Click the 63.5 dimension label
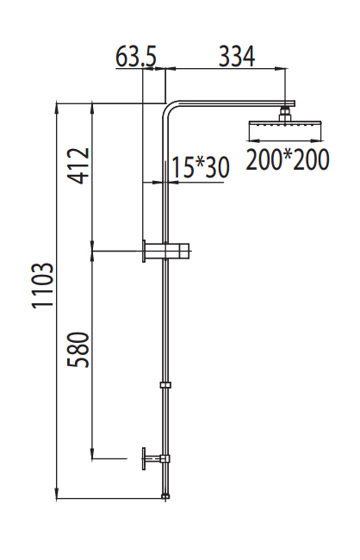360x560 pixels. click(x=135, y=58)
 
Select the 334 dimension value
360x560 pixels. click(x=237, y=57)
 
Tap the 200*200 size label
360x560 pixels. click(x=288, y=159)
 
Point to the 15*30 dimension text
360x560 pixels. click(x=200, y=168)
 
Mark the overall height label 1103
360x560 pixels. click(x=43, y=287)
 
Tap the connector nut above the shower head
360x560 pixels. click(x=284, y=111)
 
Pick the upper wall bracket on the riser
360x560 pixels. click(x=169, y=251)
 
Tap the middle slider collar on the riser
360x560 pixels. click(x=165, y=383)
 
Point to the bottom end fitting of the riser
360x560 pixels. click(x=165, y=495)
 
